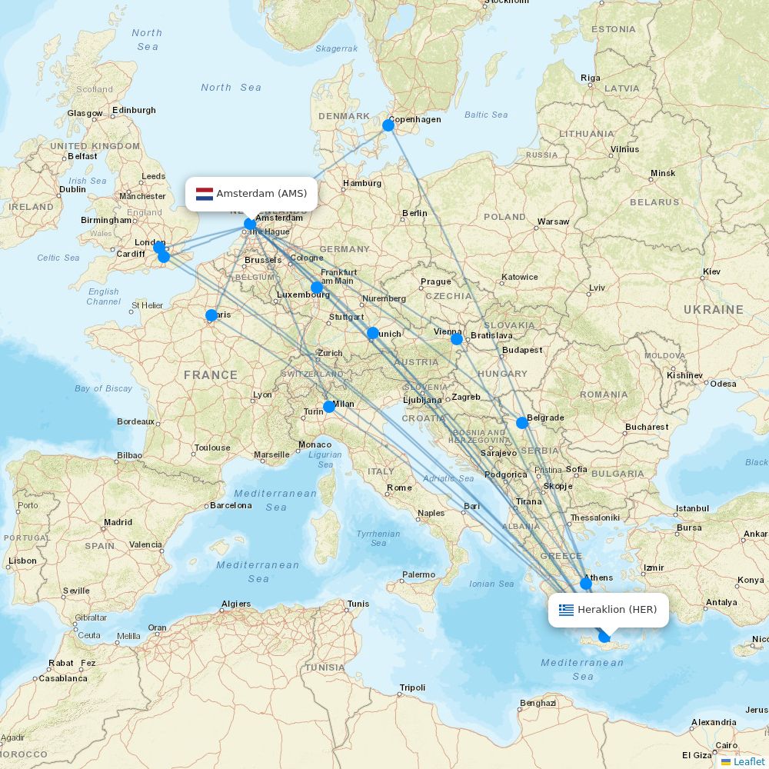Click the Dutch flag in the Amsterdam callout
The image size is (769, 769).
(205, 194)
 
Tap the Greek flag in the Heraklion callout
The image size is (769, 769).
(567, 610)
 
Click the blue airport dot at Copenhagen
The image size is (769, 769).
(388, 125)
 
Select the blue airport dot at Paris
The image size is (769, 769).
(211, 315)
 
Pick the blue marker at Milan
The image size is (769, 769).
(329, 406)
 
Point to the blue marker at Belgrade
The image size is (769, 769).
(522, 422)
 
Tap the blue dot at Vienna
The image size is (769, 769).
(457, 338)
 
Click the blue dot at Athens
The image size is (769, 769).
(586, 583)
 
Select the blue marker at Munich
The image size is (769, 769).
(373, 333)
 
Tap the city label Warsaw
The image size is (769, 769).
(554, 221)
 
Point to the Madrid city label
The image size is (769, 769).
(118, 522)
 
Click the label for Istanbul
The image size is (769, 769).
(692, 508)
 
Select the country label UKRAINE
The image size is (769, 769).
(714, 310)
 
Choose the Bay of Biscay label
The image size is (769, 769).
(104, 388)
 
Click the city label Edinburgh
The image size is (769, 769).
(135, 110)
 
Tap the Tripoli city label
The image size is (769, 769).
(412, 687)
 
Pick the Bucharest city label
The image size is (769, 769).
(647, 427)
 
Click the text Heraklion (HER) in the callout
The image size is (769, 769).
(618, 610)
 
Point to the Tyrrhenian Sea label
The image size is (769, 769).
(378, 538)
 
